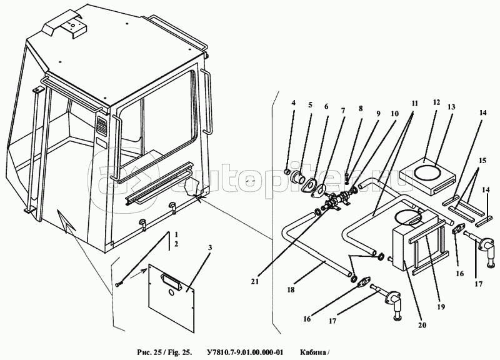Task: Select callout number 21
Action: pos(255,281)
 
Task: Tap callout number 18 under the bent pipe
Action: pos(291,289)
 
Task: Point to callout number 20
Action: pos(422,325)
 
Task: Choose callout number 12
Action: pos(436,102)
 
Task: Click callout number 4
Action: pos(294,102)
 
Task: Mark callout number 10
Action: pos(394,114)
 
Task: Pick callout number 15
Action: pos(482,161)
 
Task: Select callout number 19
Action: pos(441,307)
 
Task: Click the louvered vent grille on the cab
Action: pos(102,124)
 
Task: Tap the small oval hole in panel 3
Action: pos(171,292)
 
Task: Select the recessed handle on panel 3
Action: pos(171,280)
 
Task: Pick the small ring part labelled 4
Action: pos(287,172)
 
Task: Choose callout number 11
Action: pos(414,104)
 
